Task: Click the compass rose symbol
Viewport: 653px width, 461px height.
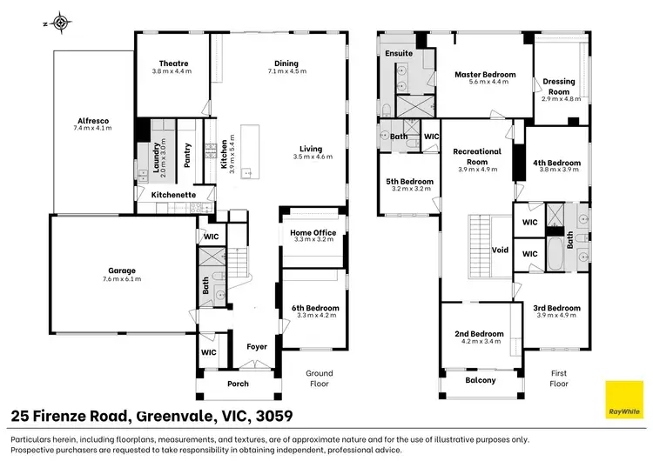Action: (x=61, y=23)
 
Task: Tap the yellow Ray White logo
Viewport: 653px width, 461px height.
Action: (x=624, y=399)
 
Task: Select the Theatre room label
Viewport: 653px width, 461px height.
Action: (x=173, y=63)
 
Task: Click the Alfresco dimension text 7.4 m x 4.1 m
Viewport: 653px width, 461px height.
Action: (x=92, y=128)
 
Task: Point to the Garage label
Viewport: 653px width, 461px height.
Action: (x=122, y=271)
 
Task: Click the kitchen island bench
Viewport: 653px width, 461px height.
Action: (x=250, y=152)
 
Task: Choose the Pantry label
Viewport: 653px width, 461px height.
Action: (x=187, y=155)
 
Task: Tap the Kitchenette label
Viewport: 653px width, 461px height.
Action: (x=173, y=195)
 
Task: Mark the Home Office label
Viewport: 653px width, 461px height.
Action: (x=313, y=232)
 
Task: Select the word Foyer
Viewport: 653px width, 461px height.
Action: (x=257, y=347)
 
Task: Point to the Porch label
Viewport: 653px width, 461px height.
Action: (x=238, y=384)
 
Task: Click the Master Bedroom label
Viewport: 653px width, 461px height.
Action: (x=485, y=75)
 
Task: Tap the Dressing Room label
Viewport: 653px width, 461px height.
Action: (x=559, y=86)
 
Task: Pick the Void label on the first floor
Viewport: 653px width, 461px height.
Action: (x=500, y=250)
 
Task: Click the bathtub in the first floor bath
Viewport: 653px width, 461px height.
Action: (x=555, y=254)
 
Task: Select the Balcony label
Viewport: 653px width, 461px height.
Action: (x=481, y=380)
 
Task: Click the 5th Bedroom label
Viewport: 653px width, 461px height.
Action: (x=410, y=182)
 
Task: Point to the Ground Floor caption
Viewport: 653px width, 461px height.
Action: (x=320, y=378)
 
